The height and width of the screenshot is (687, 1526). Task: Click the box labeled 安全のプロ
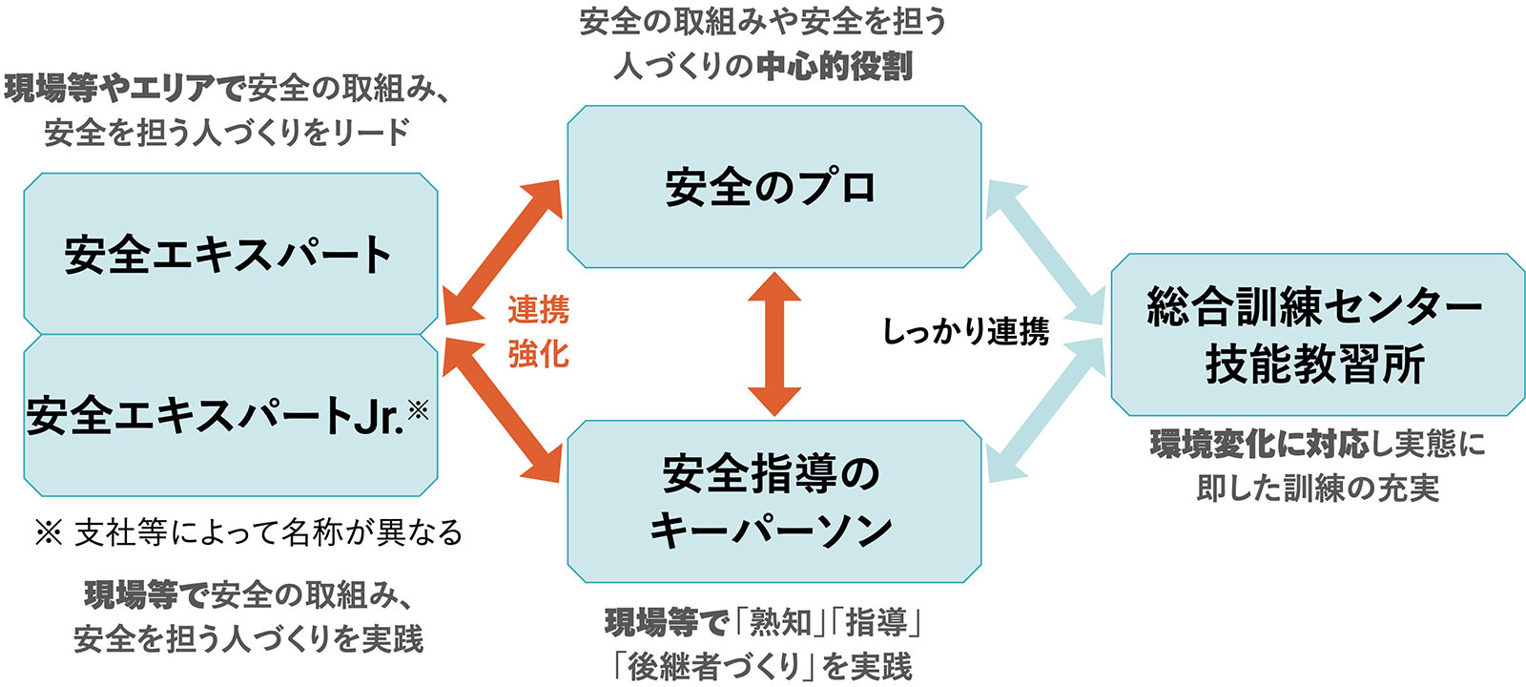773,187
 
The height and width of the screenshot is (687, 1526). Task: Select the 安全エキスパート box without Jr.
230,254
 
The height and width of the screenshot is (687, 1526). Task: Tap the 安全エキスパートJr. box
230,415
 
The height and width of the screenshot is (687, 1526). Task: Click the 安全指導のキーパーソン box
773,501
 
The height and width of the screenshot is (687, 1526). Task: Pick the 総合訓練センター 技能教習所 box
1316,334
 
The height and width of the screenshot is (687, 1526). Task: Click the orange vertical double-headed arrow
773,343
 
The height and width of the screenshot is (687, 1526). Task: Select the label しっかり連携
965,332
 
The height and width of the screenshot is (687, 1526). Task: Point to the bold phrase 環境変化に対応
1259,444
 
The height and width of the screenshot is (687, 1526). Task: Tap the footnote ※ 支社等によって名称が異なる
248,532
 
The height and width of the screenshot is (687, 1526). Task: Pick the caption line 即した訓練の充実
1317,488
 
